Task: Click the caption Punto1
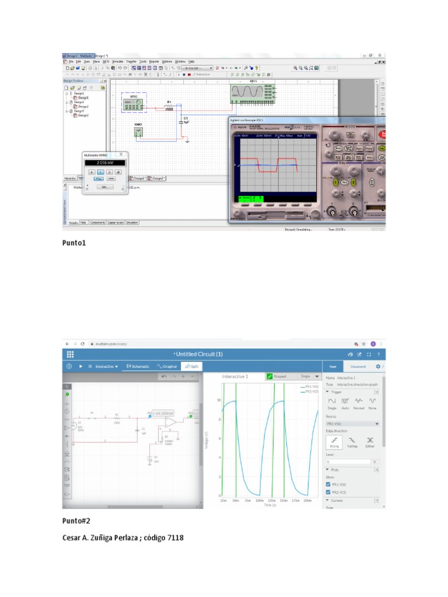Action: (x=74, y=243)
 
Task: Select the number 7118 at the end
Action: (x=174, y=537)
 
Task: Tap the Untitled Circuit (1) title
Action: (x=198, y=354)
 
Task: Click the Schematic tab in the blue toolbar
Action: (x=138, y=366)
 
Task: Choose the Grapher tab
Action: (x=166, y=366)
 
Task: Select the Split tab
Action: (x=191, y=366)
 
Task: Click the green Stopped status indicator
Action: (x=276, y=377)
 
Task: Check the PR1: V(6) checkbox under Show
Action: (x=328, y=484)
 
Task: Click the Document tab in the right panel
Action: (x=358, y=366)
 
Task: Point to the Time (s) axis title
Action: (x=269, y=505)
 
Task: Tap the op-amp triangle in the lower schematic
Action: (x=169, y=420)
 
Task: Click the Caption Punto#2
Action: (x=76, y=521)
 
